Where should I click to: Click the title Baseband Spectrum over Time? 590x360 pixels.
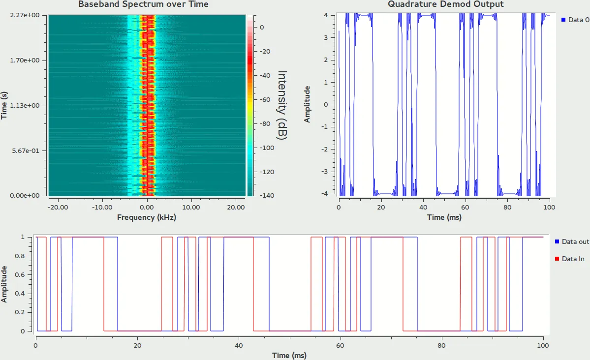pyautogui.click(x=143, y=4)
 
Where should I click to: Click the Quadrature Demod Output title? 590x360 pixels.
pyautogui.click(x=446, y=4)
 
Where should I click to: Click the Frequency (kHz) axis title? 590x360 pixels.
pyautogui.click(x=147, y=217)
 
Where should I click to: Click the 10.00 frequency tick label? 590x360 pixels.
pyautogui.click(x=191, y=207)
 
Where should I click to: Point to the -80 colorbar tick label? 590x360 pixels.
pyautogui.click(x=265, y=124)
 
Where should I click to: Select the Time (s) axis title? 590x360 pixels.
pyautogui.click(x=4, y=105)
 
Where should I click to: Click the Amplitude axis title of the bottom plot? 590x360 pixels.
pyautogui.click(x=4, y=284)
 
